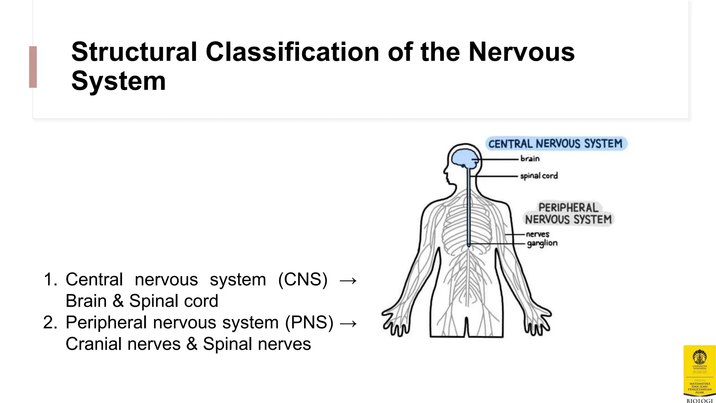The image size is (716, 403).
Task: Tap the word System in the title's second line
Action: [118, 81]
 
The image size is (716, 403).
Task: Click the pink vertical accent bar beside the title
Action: [33, 67]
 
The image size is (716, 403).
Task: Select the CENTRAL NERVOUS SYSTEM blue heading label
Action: [556, 144]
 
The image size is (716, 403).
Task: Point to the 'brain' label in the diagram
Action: [530, 159]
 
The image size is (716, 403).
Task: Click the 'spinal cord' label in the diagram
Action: [539, 176]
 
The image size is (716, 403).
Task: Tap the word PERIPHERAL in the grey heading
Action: [568, 207]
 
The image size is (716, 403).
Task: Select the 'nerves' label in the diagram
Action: [537, 234]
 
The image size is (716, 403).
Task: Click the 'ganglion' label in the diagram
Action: [542, 243]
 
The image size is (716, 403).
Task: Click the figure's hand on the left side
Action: [395, 322]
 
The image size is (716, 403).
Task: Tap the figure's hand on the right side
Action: [538, 322]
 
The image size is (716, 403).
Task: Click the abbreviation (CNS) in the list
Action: [303, 280]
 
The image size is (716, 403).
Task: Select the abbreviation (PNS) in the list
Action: [309, 322]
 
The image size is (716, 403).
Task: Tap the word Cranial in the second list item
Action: [93, 344]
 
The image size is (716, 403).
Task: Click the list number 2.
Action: [50, 323]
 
